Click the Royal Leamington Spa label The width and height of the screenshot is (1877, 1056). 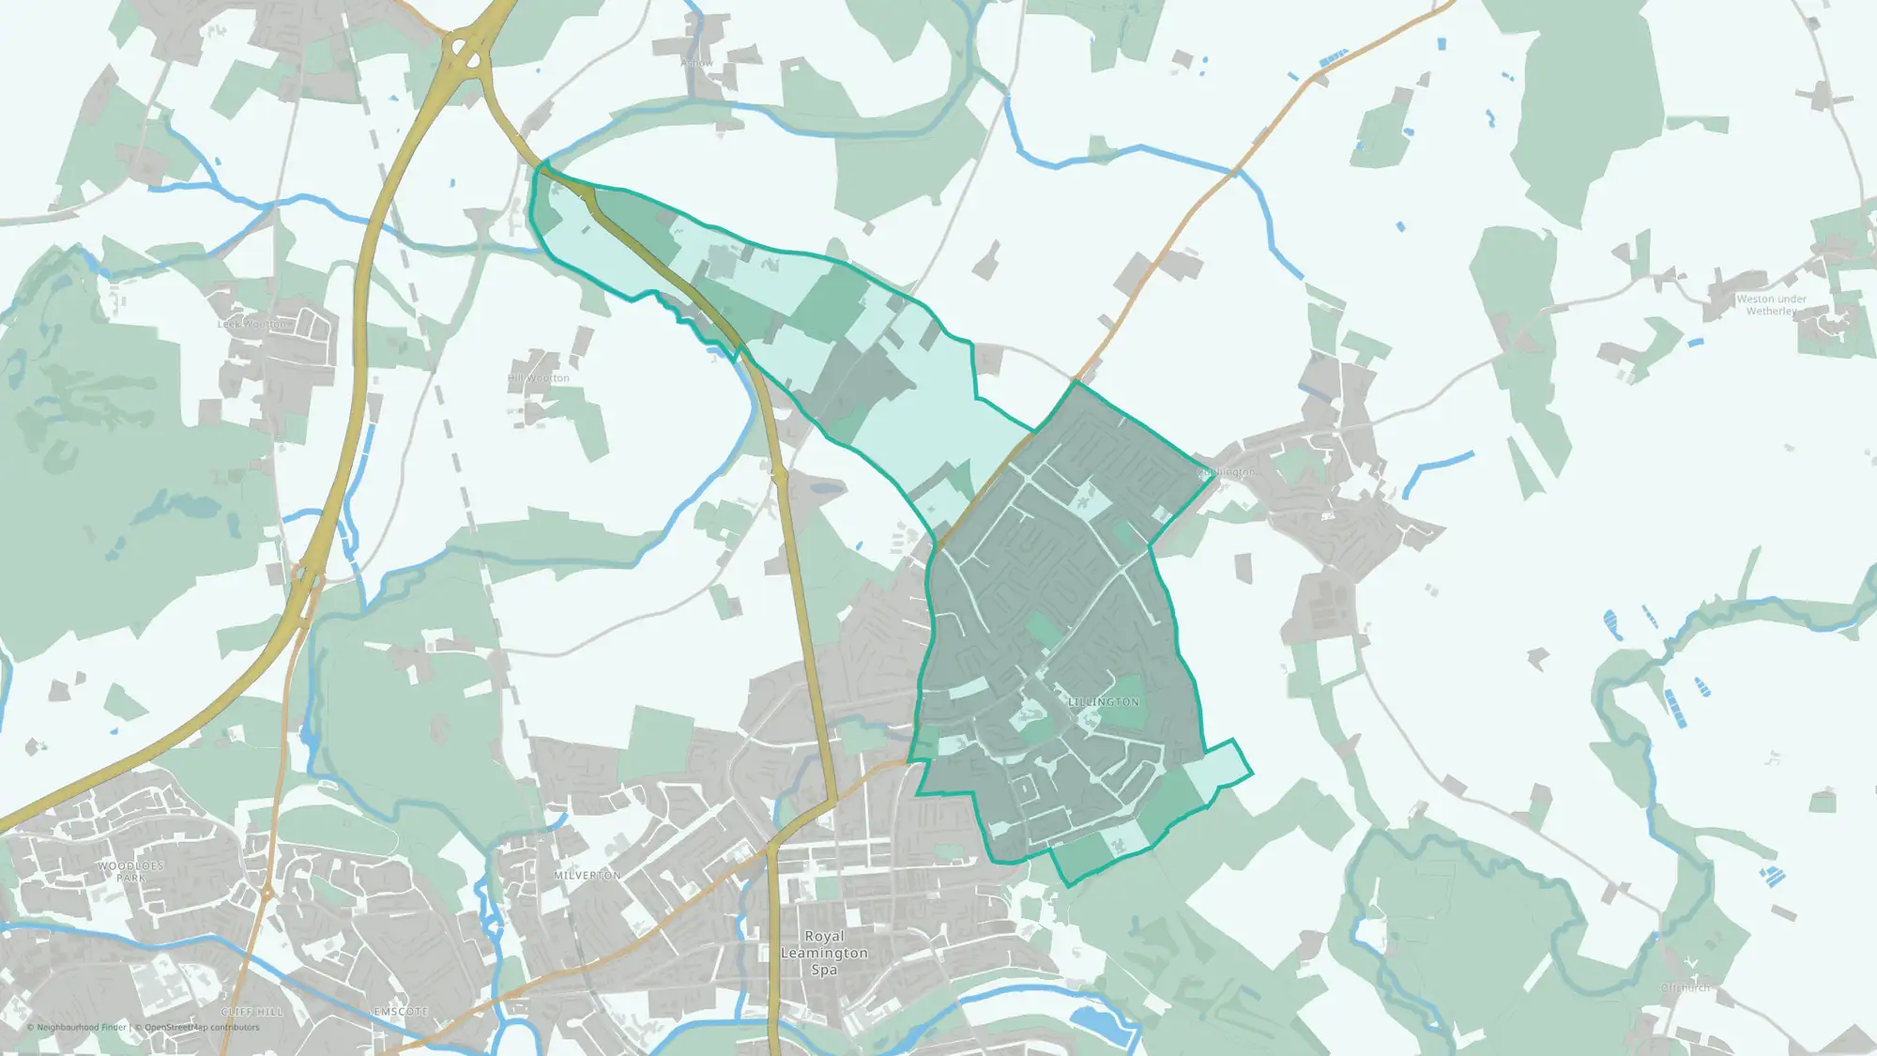click(x=824, y=953)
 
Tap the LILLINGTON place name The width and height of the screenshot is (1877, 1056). click(x=1104, y=702)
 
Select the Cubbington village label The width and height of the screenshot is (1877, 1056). click(x=1227, y=472)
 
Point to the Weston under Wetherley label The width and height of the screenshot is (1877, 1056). click(x=1771, y=305)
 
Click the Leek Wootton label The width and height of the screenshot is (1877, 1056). click(x=252, y=324)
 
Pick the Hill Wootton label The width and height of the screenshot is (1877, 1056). click(x=539, y=378)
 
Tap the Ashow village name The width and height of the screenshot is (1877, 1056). click(x=696, y=63)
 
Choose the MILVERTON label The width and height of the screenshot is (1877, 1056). click(x=587, y=875)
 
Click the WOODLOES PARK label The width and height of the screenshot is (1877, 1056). click(x=130, y=872)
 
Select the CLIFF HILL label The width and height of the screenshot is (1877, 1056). click(x=252, y=1012)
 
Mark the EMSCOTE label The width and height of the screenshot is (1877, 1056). click(x=401, y=1012)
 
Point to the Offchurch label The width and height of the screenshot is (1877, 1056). click(x=1685, y=987)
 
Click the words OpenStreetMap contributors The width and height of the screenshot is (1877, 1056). click(x=201, y=1027)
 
